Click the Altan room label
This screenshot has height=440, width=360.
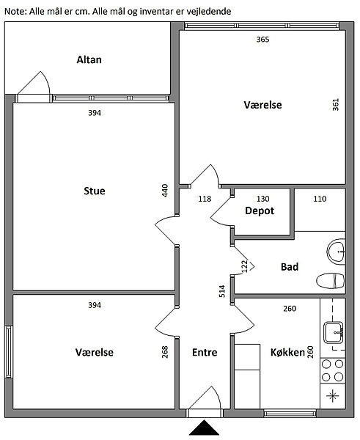pyautogui.click(x=89, y=60)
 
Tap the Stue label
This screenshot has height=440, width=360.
pyautogui.click(x=95, y=191)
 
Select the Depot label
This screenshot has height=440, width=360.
pyautogui.click(x=260, y=210)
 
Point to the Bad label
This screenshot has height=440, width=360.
pyautogui.click(x=290, y=267)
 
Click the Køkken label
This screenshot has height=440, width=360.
pyautogui.click(x=287, y=352)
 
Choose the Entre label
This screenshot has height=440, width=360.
pyautogui.click(x=205, y=352)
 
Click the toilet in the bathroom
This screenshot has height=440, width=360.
pyautogui.click(x=330, y=280)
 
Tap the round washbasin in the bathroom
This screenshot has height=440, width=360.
pyautogui.click(x=337, y=252)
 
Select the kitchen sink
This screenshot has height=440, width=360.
pyautogui.click(x=334, y=333)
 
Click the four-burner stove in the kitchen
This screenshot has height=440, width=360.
pyautogui.click(x=332, y=370)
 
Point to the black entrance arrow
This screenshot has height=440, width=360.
pyautogui.click(x=204, y=427)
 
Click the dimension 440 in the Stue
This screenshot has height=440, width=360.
pyautogui.click(x=165, y=190)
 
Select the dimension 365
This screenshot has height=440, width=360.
pyautogui.click(x=262, y=40)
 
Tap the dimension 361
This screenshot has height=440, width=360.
pyautogui.click(x=336, y=104)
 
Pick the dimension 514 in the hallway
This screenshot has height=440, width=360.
pyautogui.click(x=222, y=291)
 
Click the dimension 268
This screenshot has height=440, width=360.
pyautogui.click(x=165, y=351)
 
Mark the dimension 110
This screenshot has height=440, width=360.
pyautogui.click(x=320, y=199)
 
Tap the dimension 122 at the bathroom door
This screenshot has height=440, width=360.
pyautogui.click(x=245, y=266)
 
